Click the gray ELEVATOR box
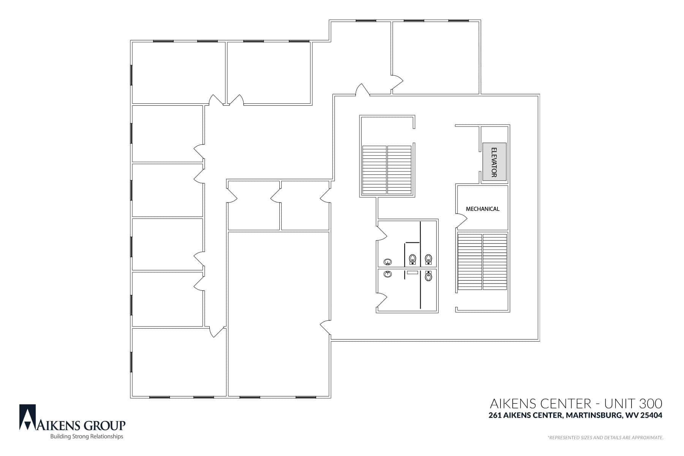[x=494, y=161]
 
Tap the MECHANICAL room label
[x=483, y=209]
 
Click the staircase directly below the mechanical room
[x=483, y=262]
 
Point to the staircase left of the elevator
[x=387, y=170]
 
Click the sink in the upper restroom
[x=388, y=262]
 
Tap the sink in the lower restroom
[x=388, y=274]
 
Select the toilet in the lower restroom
[x=429, y=275]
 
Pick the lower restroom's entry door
[x=382, y=301]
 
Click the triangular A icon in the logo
[x=28, y=417]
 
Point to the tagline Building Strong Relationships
[x=87, y=437]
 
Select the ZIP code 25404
[x=651, y=415]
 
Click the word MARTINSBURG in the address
[x=592, y=415]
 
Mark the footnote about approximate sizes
[x=605, y=438]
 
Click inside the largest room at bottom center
[x=279, y=314]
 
